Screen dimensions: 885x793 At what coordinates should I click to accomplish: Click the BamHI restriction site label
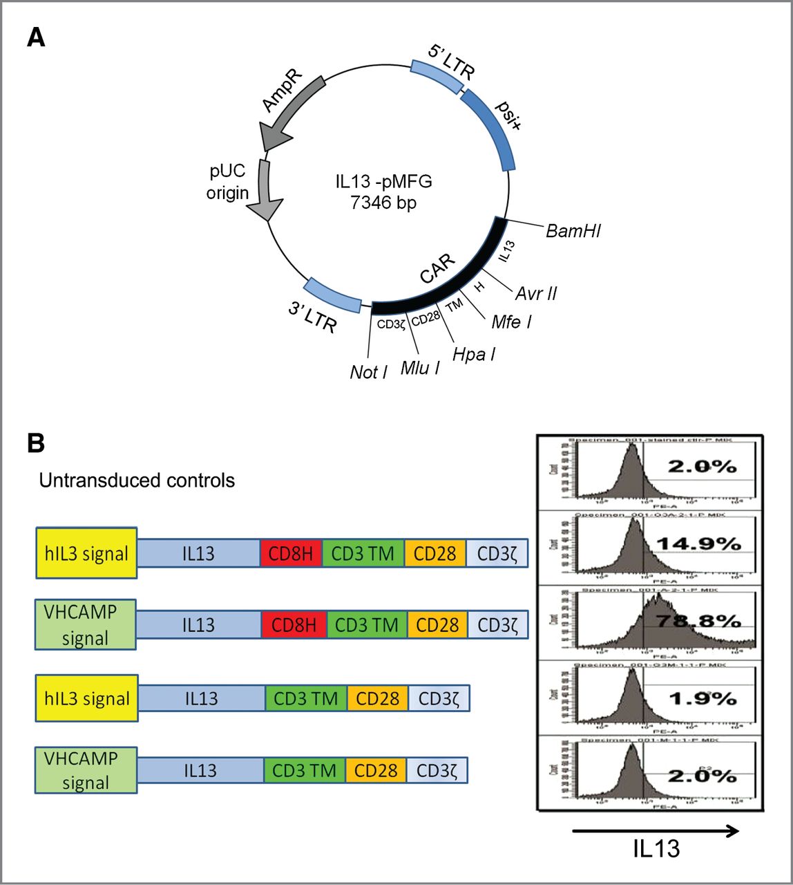(573, 230)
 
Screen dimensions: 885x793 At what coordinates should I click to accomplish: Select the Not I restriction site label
(368, 372)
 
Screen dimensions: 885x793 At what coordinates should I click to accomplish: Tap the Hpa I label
(474, 355)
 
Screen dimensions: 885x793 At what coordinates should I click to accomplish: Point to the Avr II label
(536, 293)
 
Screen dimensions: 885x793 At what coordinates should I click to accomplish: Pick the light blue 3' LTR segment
(332, 294)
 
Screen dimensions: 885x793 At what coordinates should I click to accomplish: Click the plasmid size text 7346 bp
(383, 203)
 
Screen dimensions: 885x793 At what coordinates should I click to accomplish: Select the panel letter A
(36, 37)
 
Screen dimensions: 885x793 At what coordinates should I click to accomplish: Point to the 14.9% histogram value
(698, 544)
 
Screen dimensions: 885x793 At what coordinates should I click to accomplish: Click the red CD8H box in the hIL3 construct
(291, 554)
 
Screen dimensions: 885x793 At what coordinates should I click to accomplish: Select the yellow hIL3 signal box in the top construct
(87, 553)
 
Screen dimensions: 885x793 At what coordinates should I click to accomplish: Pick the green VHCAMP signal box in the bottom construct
(86, 770)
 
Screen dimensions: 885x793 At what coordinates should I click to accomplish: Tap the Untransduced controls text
(137, 481)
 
